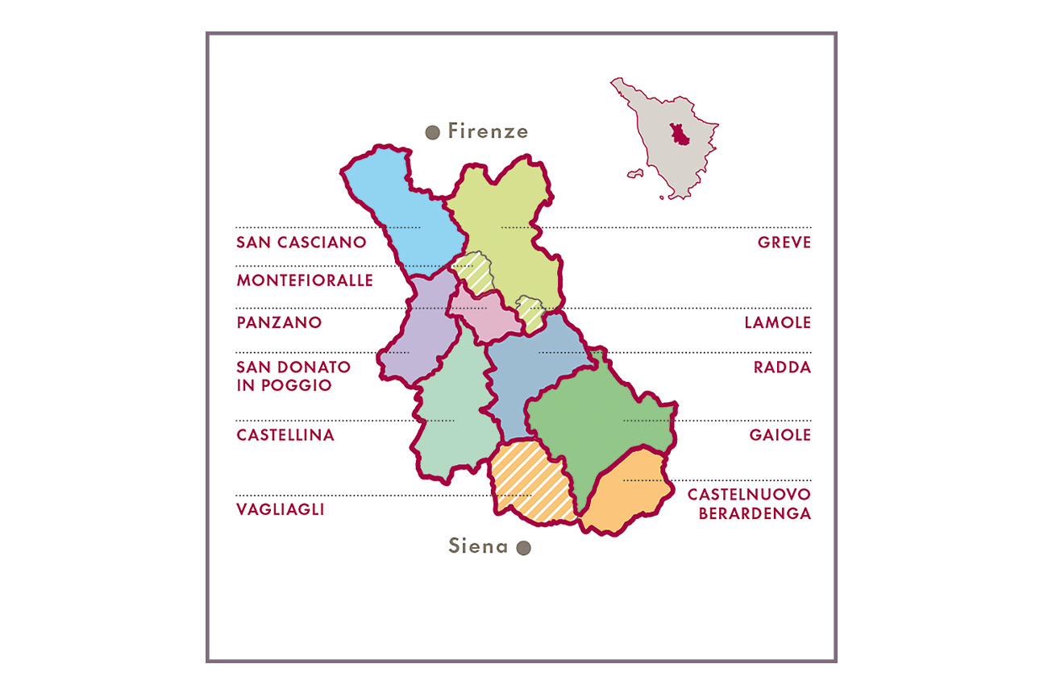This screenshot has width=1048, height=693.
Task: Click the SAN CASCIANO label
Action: tap(301, 242)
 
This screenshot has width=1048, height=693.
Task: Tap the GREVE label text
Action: tap(784, 242)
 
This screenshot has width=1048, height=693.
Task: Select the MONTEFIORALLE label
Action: tap(305, 280)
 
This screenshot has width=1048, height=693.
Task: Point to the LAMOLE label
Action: tap(777, 322)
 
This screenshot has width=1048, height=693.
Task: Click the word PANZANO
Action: tap(279, 322)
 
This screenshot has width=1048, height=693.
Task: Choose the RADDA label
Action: tap(782, 367)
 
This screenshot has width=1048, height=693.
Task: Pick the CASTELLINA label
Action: tap(285, 435)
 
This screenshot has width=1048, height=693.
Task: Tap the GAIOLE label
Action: tap(780, 435)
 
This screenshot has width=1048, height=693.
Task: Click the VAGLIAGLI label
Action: tap(281, 509)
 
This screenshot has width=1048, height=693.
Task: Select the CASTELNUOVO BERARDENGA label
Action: tap(749, 504)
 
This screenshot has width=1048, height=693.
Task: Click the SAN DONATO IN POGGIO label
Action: tap(293, 376)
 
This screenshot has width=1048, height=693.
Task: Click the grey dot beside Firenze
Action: tap(432, 132)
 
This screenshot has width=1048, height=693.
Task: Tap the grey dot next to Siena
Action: tap(523, 548)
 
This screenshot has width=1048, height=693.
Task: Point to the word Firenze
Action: tap(488, 131)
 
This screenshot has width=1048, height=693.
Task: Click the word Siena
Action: tap(478, 546)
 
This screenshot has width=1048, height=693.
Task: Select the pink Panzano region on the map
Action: tap(484, 314)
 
